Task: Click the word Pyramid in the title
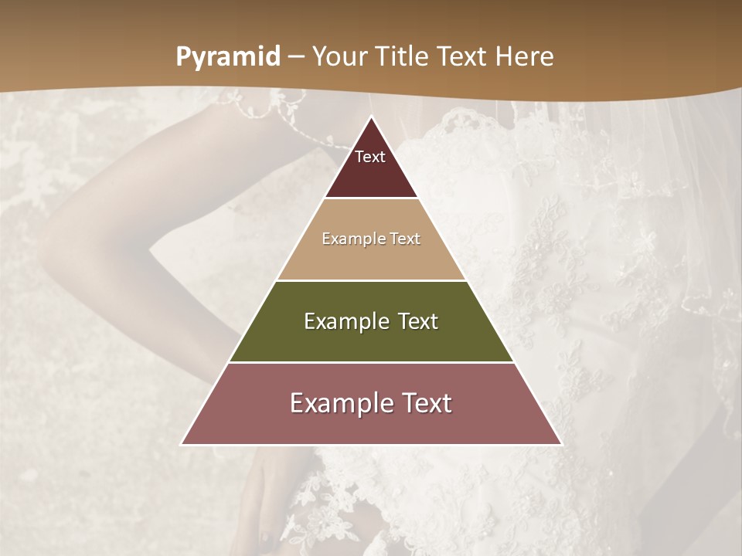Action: [x=228, y=57]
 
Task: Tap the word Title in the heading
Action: [x=404, y=57]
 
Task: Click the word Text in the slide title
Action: [x=465, y=57]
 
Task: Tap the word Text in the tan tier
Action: [x=405, y=239]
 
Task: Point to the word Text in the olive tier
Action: [x=418, y=321]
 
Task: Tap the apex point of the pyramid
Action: [x=371, y=117]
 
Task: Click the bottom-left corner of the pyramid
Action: [x=182, y=444]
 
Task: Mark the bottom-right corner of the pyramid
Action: [x=560, y=444]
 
